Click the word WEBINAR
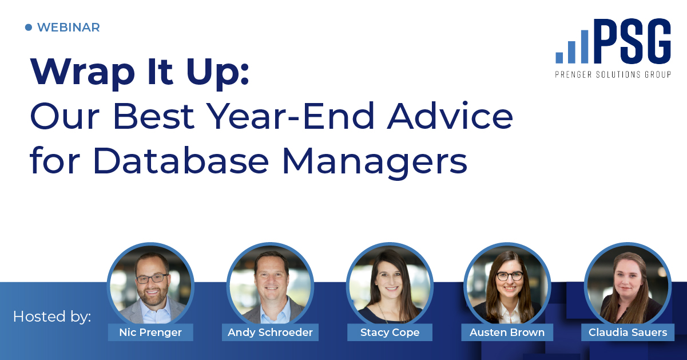(x=69, y=27)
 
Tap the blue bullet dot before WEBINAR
(x=29, y=27)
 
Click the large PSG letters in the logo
(x=632, y=41)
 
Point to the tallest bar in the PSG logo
(x=585, y=47)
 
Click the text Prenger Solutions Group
(x=613, y=74)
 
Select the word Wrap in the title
(x=82, y=73)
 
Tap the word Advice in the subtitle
(x=450, y=116)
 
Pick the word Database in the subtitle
(x=181, y=161)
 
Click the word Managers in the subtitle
(x=375, y=163)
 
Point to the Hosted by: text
(x=52, y=316)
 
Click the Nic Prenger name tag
(x=150, y=332)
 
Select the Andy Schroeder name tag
(x=270, y=332)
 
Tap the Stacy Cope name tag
(x=390, y=332)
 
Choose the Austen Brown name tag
(x=507, y=332)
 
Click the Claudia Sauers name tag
(x=628, y=332)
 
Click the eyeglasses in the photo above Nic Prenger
(x=152, y=279)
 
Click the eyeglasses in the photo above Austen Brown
(x=510, y=276)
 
